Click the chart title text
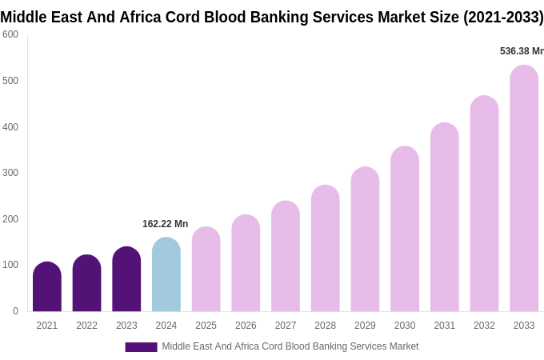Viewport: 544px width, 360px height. [272, 17]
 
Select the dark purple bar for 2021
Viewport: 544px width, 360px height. [47, 288]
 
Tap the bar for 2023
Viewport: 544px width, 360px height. [126, 280]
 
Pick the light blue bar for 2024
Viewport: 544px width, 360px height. [166, 276]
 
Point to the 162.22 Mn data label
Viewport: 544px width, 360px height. [166, 224]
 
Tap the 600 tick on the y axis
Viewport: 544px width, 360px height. [10, 34]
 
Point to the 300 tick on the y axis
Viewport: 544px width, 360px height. [10, 173]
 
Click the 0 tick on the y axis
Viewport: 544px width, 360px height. [15, 311]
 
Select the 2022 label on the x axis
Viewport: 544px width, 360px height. [86, 326]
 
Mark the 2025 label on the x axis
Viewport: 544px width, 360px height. [206, 326]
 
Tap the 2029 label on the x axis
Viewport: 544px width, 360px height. [365, 326]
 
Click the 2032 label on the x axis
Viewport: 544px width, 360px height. [484, 326]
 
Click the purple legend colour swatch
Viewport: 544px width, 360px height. [141, 347]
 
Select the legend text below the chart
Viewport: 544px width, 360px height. [290, 346]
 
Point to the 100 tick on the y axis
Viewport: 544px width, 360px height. [10, 265]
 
